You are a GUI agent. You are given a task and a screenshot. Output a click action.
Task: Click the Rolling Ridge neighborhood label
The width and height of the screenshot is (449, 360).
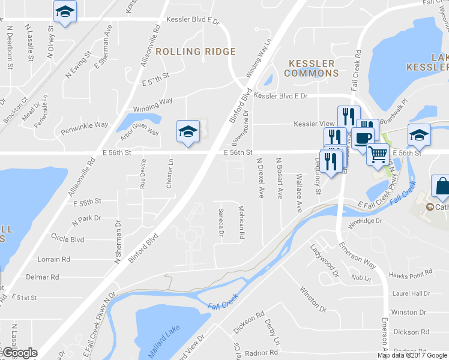[196, 52]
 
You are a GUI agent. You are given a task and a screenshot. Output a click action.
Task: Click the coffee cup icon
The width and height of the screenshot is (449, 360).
[363, 137]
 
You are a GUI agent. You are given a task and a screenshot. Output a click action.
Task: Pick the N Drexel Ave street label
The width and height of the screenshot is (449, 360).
[261, 178]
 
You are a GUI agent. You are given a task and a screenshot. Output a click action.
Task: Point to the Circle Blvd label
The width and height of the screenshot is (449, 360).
[67, 239]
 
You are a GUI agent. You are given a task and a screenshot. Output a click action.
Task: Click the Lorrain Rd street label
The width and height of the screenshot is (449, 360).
[54, 259]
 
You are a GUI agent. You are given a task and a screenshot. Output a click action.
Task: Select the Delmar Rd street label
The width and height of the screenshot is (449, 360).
[43, 277]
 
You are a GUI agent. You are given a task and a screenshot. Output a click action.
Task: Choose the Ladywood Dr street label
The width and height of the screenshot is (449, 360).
[325, 260]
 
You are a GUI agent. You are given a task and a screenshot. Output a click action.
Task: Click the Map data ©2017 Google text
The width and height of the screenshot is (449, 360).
[412, 355]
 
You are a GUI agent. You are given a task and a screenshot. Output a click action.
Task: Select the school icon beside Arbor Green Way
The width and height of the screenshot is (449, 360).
[187, 131]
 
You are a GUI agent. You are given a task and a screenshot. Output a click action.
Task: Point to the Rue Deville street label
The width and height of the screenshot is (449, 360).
[143, 175]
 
